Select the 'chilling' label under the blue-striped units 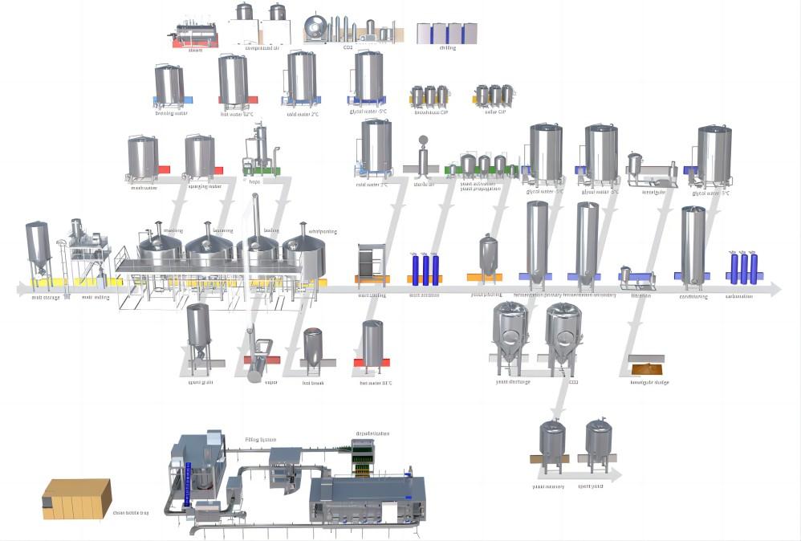pos(447,48)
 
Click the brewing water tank pos(169,85)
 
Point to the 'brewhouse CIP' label pos(430,112)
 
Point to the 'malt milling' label pos(96,297)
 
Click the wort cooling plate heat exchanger pos(372,262)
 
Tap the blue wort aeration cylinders pos(425,267)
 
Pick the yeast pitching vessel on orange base pos(488,255)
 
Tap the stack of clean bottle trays pos(76,498)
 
